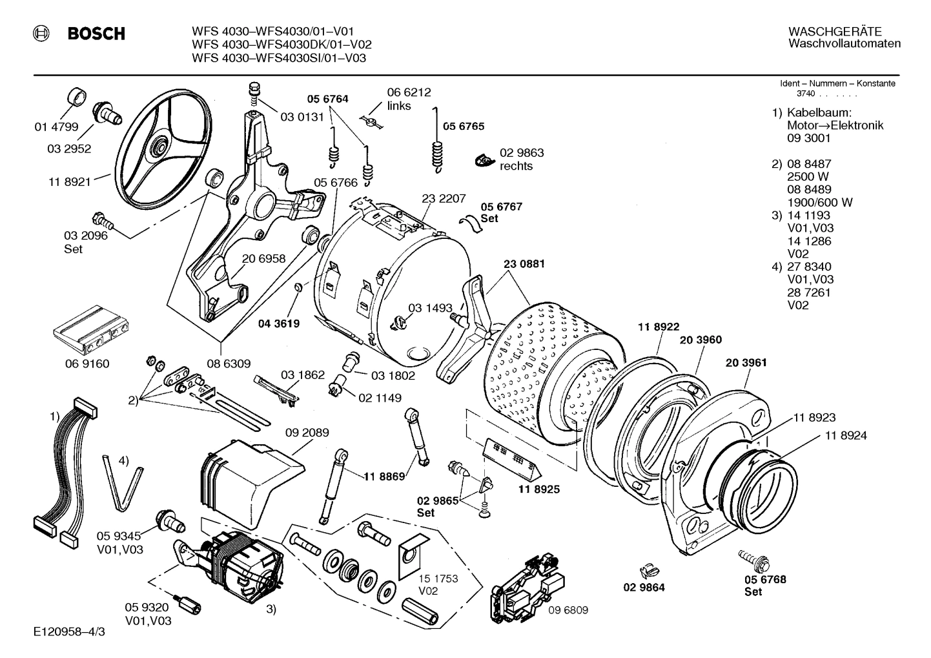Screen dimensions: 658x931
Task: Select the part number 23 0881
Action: pos(524,263)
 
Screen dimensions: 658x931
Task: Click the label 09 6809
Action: pos(568,610)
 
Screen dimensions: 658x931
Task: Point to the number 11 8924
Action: pos(845,435)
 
